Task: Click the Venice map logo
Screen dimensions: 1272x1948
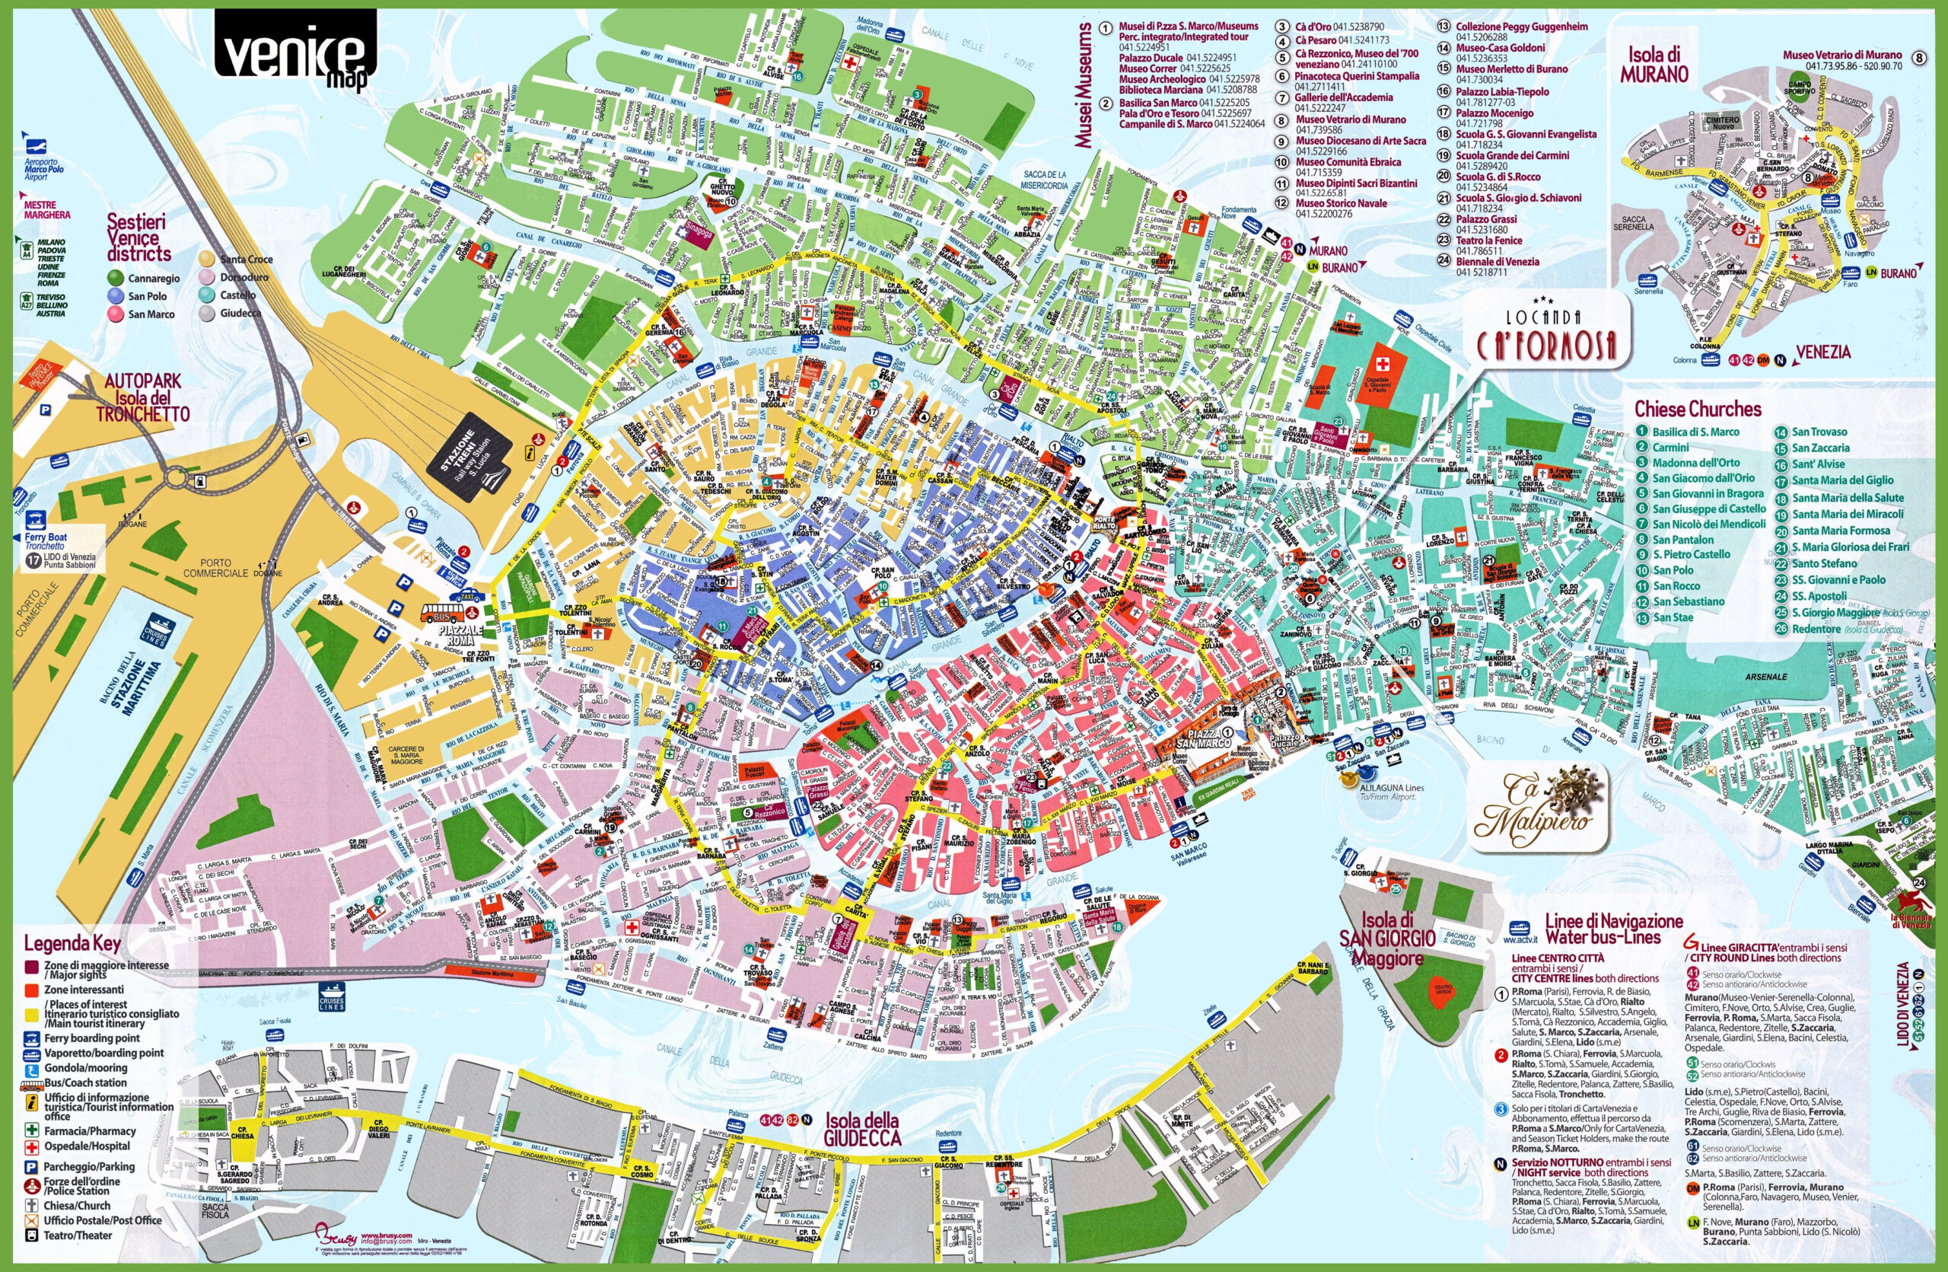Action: tap(294, 51)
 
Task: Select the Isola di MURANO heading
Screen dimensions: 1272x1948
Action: tap(1654, 65)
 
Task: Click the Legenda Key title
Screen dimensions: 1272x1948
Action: tap(72, 943)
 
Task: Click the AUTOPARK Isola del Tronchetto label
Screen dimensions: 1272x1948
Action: tap(144, 398)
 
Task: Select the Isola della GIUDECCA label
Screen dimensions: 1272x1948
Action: tap(861, 1130)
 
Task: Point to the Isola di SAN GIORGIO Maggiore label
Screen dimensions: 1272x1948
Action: tap(1386, 938)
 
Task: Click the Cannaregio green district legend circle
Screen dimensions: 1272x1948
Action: tap(116, 279)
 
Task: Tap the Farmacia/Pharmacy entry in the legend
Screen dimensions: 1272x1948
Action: tap(89, 1130)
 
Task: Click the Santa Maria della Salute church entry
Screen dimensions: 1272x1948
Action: tap(1848, 498)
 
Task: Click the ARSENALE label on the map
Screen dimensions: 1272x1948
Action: tap(1765, 677)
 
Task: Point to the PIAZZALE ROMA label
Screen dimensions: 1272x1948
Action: tap(461, 636)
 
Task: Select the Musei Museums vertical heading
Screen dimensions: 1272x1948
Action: tap(1084, 86)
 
